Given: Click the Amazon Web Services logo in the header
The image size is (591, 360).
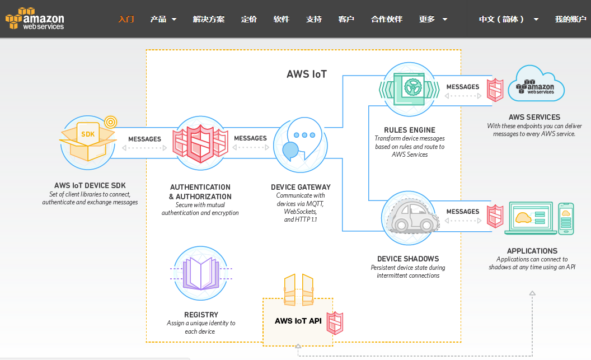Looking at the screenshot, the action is click(x=35, y=18).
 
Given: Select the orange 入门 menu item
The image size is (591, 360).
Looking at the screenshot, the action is click(x=126, y=19).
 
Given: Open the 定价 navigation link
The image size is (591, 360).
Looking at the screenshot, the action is click(x=248, y=19).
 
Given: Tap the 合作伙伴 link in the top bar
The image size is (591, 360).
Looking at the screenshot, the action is click(x=387, y=19).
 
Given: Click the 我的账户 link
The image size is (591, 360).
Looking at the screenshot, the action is click(x=570, y=19).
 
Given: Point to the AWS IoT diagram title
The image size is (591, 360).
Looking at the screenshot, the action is click(x=307, y=74).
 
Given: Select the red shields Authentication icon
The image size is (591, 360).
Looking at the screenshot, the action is click(x=200, y=143).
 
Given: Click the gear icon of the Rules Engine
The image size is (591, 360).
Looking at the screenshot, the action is click(x=413, y=87).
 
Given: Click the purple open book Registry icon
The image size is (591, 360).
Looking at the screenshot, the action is click(x=201, y=273).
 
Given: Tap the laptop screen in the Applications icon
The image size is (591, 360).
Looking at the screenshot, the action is click(x=531, y=216).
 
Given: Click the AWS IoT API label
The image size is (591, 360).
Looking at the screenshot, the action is click(x=298, y=321).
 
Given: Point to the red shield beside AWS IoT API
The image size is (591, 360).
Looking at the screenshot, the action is click(x=335, y=323).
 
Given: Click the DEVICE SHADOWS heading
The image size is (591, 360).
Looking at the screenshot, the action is click(x=408, y=259).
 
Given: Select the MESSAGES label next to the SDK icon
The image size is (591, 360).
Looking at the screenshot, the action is click(x=144, y=139).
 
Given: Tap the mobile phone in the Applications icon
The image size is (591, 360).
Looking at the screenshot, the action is click(x=566, y=219).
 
